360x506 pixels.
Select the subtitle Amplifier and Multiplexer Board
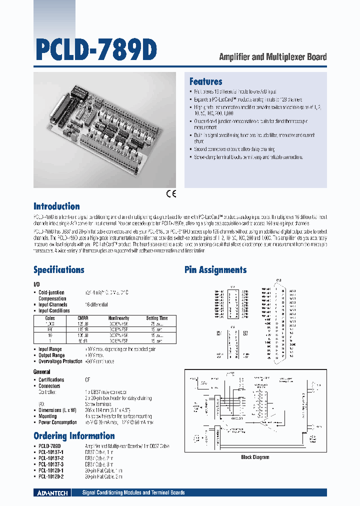pyautogui.click(x=273, y=56)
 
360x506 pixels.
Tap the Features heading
pyautogui.click(x=205, y=81)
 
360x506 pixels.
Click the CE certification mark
pyautogui.click(x=171, y=194)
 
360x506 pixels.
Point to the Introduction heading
pyautogui.click(x=56, y=206)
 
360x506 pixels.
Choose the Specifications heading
pyautogui.click(x=58, y=270)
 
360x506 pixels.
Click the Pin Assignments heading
pyautogui.click(x=215, y=270)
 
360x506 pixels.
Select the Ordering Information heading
pyautogui.click(x=74, y=435)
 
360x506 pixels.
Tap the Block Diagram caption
pyautogui.click(x=255, y=457)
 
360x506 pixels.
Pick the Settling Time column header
pyautogui.click(x=156, y=318)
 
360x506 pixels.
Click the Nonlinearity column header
pyautogui.click(x=118, y=318)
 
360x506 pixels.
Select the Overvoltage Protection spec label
pyautogui.click(x=60, y=361)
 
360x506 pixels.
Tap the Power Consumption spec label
pyautogui.click(x=58, y=422)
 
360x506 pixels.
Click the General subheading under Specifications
pyautogui.click(x=41, y=372)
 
